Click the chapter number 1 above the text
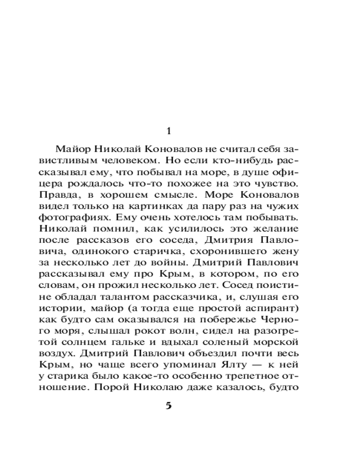pos(169,131)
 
